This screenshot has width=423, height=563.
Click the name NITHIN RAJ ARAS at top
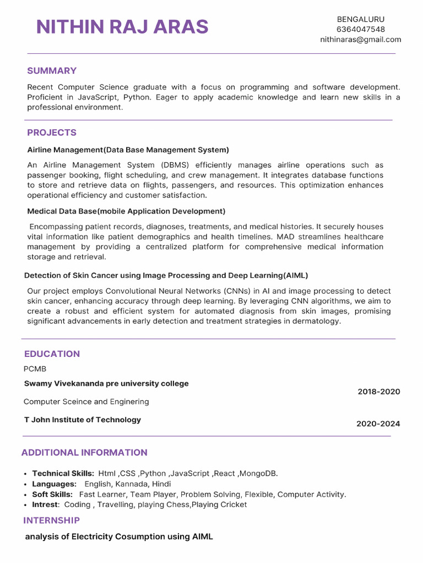[x=122, y=27]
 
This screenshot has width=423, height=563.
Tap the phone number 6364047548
[x=361, y=29]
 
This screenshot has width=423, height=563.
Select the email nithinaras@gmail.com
[x=361, y=40]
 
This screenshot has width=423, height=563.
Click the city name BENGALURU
[x=361, y=19]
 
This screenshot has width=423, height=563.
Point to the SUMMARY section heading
[x=52, y=71]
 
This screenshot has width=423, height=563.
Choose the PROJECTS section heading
[x=52, y=133]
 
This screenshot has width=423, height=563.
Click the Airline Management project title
[x=128, y=150]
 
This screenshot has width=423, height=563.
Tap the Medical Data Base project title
[x=126, y=211]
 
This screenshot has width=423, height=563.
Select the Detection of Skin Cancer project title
[x=166, y=275]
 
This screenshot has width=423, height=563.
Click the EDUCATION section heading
[x=52, y=354]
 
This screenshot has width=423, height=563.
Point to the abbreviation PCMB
[x=35, y=369]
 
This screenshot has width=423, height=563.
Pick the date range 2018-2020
[x=378, y=391]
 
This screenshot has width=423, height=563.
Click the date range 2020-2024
[x=378, y=424]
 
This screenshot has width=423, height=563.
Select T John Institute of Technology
[x=83, y=420]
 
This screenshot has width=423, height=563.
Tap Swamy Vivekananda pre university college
[x=106, y=384]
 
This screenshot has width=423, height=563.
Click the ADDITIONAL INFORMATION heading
[x=84, y=452]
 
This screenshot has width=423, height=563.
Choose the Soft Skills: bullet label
[x=52, y=494]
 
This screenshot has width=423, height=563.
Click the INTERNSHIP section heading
[x=51, y=520]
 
